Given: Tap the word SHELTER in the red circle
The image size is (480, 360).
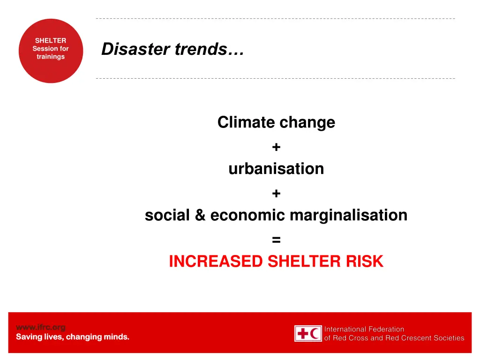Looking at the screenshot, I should click(51, 41).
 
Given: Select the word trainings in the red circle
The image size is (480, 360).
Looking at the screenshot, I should click(51, 57).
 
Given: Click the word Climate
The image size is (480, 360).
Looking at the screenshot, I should click(246, 122).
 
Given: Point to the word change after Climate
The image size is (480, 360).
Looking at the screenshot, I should click(307, 122).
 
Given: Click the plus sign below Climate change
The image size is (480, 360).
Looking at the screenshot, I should click(276, 147).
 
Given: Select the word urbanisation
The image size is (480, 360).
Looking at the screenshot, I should click(276, 168).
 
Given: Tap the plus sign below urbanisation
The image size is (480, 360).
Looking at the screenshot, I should click(276, 193).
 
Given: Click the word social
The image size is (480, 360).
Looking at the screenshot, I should click(166, 215).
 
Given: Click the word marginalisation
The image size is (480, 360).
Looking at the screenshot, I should click(348, 215).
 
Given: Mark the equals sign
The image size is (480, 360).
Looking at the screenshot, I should click(276, 240).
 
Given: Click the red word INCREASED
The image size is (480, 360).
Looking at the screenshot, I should click(216, 262).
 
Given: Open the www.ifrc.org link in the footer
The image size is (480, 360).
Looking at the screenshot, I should click(40, 327).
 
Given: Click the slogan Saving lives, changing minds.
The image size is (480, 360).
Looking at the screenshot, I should click(73, 337).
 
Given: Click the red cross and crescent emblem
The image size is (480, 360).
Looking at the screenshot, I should click(308, 333).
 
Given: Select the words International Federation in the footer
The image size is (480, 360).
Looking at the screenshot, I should click(364, 329).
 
